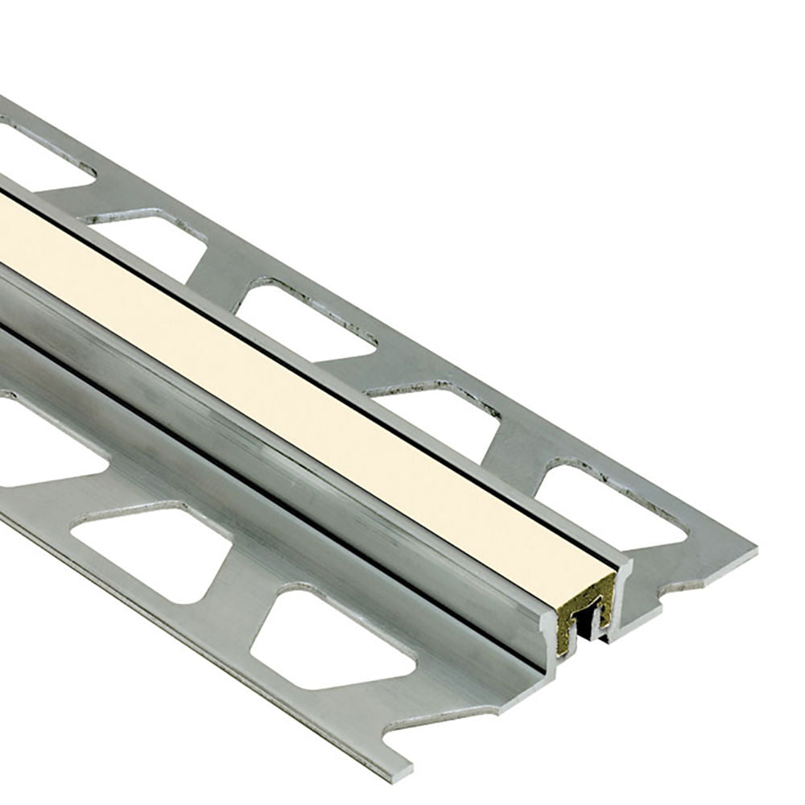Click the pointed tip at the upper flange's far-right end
tap(753, 552)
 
